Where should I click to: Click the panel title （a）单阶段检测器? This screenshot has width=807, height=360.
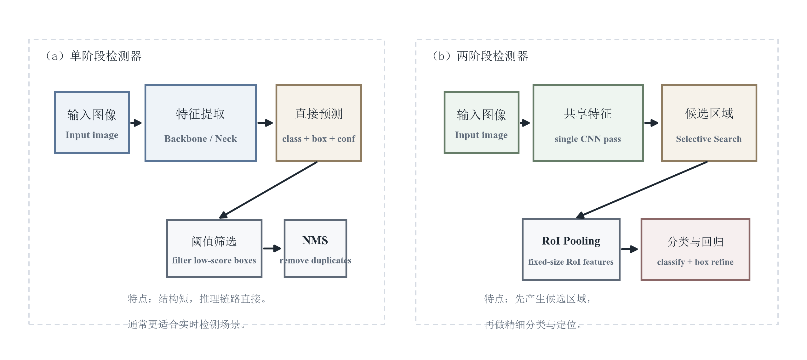tap(94, 56)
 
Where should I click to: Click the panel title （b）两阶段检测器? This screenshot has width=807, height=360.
tap(480, 56)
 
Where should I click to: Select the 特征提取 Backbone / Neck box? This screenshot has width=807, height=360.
tap(200, 123)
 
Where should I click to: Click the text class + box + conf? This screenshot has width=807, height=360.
tap(318, 139)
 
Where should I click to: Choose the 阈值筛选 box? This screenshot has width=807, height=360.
tap(214, 248)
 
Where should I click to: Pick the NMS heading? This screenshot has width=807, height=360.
tap(315, 240)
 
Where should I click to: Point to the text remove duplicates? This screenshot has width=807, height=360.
tap(315, 261)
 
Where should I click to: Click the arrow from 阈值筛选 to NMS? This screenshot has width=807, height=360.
tap(272, 248)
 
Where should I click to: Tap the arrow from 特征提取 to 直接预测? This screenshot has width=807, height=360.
tap(265, 123)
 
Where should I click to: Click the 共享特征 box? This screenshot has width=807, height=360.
tap(588, 123)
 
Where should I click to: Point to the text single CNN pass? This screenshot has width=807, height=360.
tap(588, 139)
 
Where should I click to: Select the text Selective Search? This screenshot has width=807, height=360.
tap(709, 139)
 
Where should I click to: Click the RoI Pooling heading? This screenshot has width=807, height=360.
tap(571, 241)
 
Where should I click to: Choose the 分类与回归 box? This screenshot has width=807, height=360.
tap(695, 249)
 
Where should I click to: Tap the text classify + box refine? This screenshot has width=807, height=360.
tap(695, 262)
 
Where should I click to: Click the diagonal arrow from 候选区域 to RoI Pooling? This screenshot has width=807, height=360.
tap(643, 189)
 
